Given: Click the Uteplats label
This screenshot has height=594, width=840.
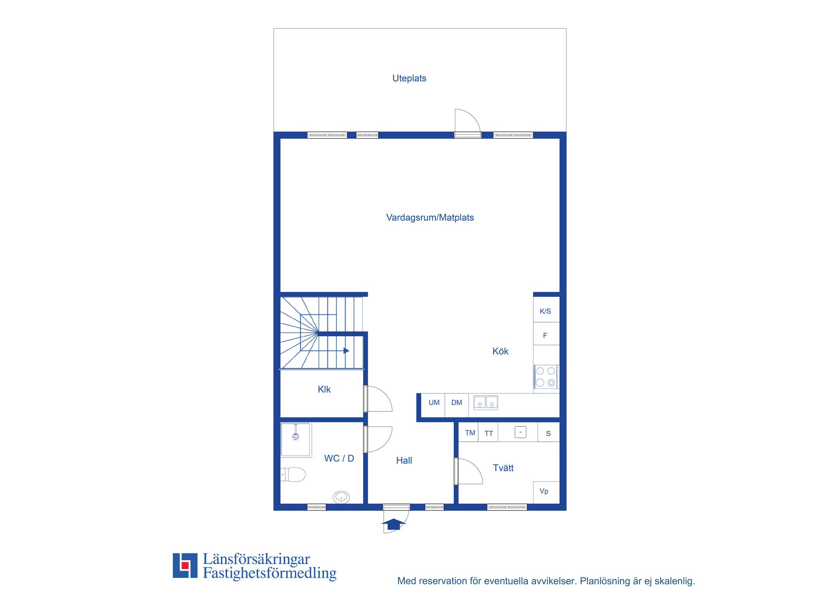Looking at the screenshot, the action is pos(409,78).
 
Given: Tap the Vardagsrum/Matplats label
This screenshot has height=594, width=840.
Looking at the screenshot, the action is pos(430,218).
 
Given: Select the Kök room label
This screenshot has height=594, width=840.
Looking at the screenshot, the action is pos(500,351).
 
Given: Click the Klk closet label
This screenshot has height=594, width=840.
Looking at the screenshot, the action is pos(324,389).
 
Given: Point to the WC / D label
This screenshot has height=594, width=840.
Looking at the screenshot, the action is pos(339,458).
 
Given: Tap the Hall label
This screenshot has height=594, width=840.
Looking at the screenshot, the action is pos(404,460).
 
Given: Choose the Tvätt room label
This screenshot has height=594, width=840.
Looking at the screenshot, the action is pos(503,468).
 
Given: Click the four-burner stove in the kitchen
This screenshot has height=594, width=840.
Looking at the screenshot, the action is pos(546,377).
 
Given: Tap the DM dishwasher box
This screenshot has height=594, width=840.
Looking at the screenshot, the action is pos(457,405).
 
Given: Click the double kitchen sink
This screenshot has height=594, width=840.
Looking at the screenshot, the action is pos(486,402).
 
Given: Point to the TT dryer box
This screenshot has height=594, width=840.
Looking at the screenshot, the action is pos(488,432).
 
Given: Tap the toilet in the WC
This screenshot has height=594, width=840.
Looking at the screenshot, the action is pos(293,474).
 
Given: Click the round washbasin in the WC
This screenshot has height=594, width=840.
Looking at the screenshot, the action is pos(341,497).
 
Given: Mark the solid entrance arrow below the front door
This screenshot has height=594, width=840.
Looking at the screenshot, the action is pos(394,524).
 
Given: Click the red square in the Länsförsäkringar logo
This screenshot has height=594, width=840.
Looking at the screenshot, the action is pos(185,565).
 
